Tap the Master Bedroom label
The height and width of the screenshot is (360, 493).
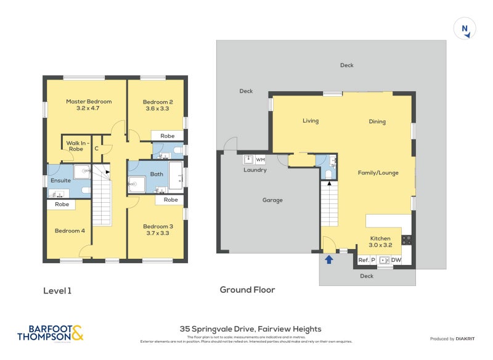coord(89,102)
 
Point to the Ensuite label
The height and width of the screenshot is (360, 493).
coord(60,181)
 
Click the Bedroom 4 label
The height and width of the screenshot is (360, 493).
coord(70,231)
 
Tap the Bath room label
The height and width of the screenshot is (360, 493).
coord(157,174)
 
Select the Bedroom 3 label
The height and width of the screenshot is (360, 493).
coord(158,226)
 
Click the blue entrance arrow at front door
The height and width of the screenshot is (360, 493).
coord(328,260)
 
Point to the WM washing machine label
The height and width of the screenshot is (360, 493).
coord(260,160)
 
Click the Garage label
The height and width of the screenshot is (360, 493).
coord(272,200)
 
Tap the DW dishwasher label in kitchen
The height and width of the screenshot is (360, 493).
coord(396,260)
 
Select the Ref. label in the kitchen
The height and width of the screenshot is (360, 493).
coord(363,260)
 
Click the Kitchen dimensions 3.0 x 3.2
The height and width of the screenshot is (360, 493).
coord(380,245)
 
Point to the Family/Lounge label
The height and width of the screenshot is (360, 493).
coord(378,173)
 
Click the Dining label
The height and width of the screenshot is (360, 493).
coord(377,121)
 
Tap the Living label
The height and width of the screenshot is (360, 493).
coord(311,121)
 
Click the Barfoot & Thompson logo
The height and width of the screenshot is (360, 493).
coord(50,333)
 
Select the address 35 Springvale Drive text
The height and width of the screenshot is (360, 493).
coord(250,329)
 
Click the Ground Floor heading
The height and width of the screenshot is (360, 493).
coord(247,290)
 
